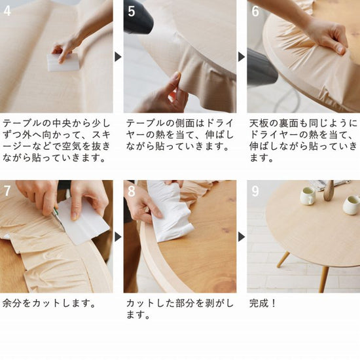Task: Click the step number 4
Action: pyautogui.click(x=8, y=12)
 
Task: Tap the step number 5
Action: pyautogui.click(x=132, y=12)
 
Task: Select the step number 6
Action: pyautogui.click(x=255, y=12)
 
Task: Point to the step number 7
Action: pyautogui.click(x=8, y=192)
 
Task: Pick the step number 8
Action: pyautogui.click(x=132, y=192)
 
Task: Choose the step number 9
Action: pyautogui.click(x=255, y=192)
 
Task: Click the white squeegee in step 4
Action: pyautogui.click(x=63, y=62)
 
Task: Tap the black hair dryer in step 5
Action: pyautogui.click(x=138, y=18)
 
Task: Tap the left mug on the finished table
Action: pyautogui.click(x=308, y=196)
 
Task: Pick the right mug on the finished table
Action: pyautogui.click(x=351, y=204)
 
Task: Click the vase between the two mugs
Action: pyautogui.click(x=329, y=191)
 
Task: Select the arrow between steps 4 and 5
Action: pyautogui.click(x=118, y=57)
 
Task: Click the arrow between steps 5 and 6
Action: pyautogui.click(x=242, y=57)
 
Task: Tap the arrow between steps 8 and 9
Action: pyautogui.click(x=242, y=236)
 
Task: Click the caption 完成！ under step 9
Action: pyautogui.click(x=264, y=304)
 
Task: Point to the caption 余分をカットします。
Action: pyautogui.click(x=50, y=304)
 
